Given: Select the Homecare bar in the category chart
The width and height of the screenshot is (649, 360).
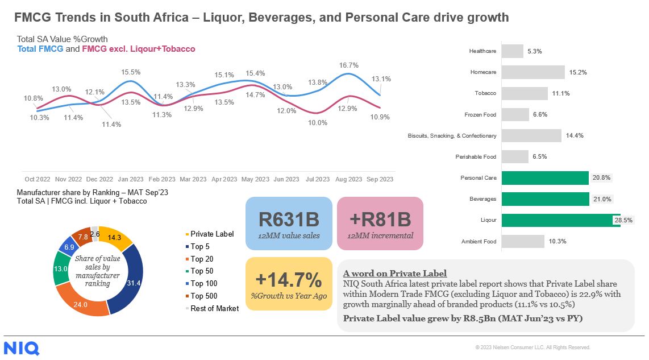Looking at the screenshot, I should (533, 72).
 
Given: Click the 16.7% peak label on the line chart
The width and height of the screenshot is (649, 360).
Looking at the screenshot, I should (348, 65).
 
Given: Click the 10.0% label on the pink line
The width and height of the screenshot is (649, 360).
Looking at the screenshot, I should (318, 122).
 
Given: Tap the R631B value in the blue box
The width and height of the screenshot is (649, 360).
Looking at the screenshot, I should (289, 219).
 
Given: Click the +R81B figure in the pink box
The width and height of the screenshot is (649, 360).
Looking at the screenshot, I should (380, 219).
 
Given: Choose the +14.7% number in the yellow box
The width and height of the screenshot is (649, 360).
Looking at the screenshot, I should (289, 280).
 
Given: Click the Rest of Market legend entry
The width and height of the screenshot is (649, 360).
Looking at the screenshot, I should (214, 308).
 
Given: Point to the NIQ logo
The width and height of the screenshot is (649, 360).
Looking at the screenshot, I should (22, 348).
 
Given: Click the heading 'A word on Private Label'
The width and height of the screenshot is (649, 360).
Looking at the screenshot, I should (395, 273).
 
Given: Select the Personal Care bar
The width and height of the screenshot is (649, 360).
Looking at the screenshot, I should (544, 178).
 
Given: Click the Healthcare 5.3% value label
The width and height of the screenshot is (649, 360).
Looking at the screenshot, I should (534, 51).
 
